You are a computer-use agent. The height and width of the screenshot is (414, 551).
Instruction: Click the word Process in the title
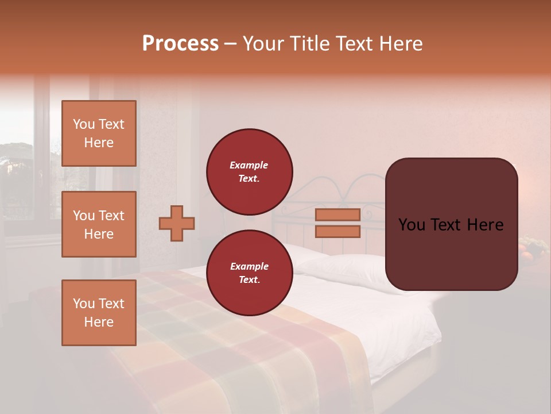180,44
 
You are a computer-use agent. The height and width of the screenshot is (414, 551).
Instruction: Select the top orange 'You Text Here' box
99,133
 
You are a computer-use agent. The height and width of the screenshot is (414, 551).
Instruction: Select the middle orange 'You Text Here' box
99,224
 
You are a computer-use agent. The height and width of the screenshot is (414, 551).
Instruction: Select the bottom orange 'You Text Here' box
99,312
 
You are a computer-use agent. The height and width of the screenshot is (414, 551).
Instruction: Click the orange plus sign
177,223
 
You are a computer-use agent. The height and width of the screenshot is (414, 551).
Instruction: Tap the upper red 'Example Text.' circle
250,171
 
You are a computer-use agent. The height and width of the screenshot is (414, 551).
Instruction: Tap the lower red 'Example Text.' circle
250,273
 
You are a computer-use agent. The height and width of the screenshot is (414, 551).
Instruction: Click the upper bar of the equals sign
338,214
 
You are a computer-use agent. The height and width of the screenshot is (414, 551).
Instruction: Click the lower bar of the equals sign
338,231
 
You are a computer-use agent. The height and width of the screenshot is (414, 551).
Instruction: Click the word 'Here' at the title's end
401,44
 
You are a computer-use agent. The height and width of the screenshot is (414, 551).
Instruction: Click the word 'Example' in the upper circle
249,165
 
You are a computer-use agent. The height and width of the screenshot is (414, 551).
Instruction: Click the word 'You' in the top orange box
84,124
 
